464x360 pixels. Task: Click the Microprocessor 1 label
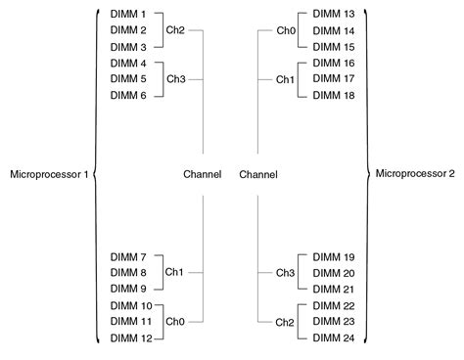(x=48, y=175)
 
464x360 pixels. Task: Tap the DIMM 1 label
(x=128, y=15)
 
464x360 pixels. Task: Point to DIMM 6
(x=128, y=94)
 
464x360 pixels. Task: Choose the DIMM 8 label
(x=128, y=272)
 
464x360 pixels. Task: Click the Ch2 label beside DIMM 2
(x=174, y=30)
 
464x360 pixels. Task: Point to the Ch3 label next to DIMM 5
(x=174, y=78)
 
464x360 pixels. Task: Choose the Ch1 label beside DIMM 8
(x=174, y=272)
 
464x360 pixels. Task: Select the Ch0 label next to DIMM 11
(x=174, y=320)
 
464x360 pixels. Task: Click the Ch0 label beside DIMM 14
(x=285, y=30)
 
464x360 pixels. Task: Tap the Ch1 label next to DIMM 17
(x=285, y=78)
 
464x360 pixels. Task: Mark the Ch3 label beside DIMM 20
(x=285, y=272)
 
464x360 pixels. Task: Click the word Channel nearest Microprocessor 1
(x=203, y=175)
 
